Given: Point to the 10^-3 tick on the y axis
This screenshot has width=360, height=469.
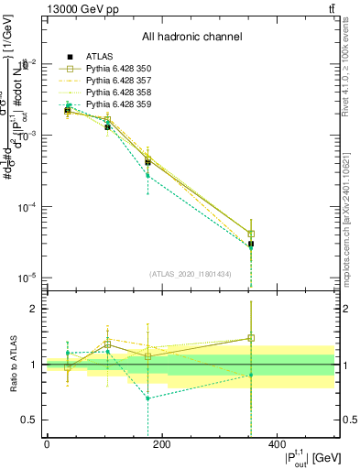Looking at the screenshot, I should coord(29,136).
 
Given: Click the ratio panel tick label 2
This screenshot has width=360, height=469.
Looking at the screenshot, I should coord(34,310).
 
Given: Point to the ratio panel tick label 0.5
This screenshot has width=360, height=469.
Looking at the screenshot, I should coord(31,420).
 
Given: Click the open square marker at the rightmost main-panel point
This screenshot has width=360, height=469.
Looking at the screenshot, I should coord(251,234).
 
